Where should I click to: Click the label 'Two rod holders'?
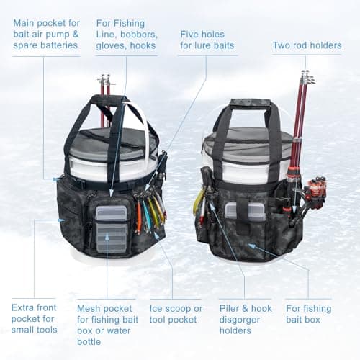click(307, 45)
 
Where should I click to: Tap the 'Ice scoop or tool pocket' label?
click(176, 314)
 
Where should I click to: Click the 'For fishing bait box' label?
click(308, 314)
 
